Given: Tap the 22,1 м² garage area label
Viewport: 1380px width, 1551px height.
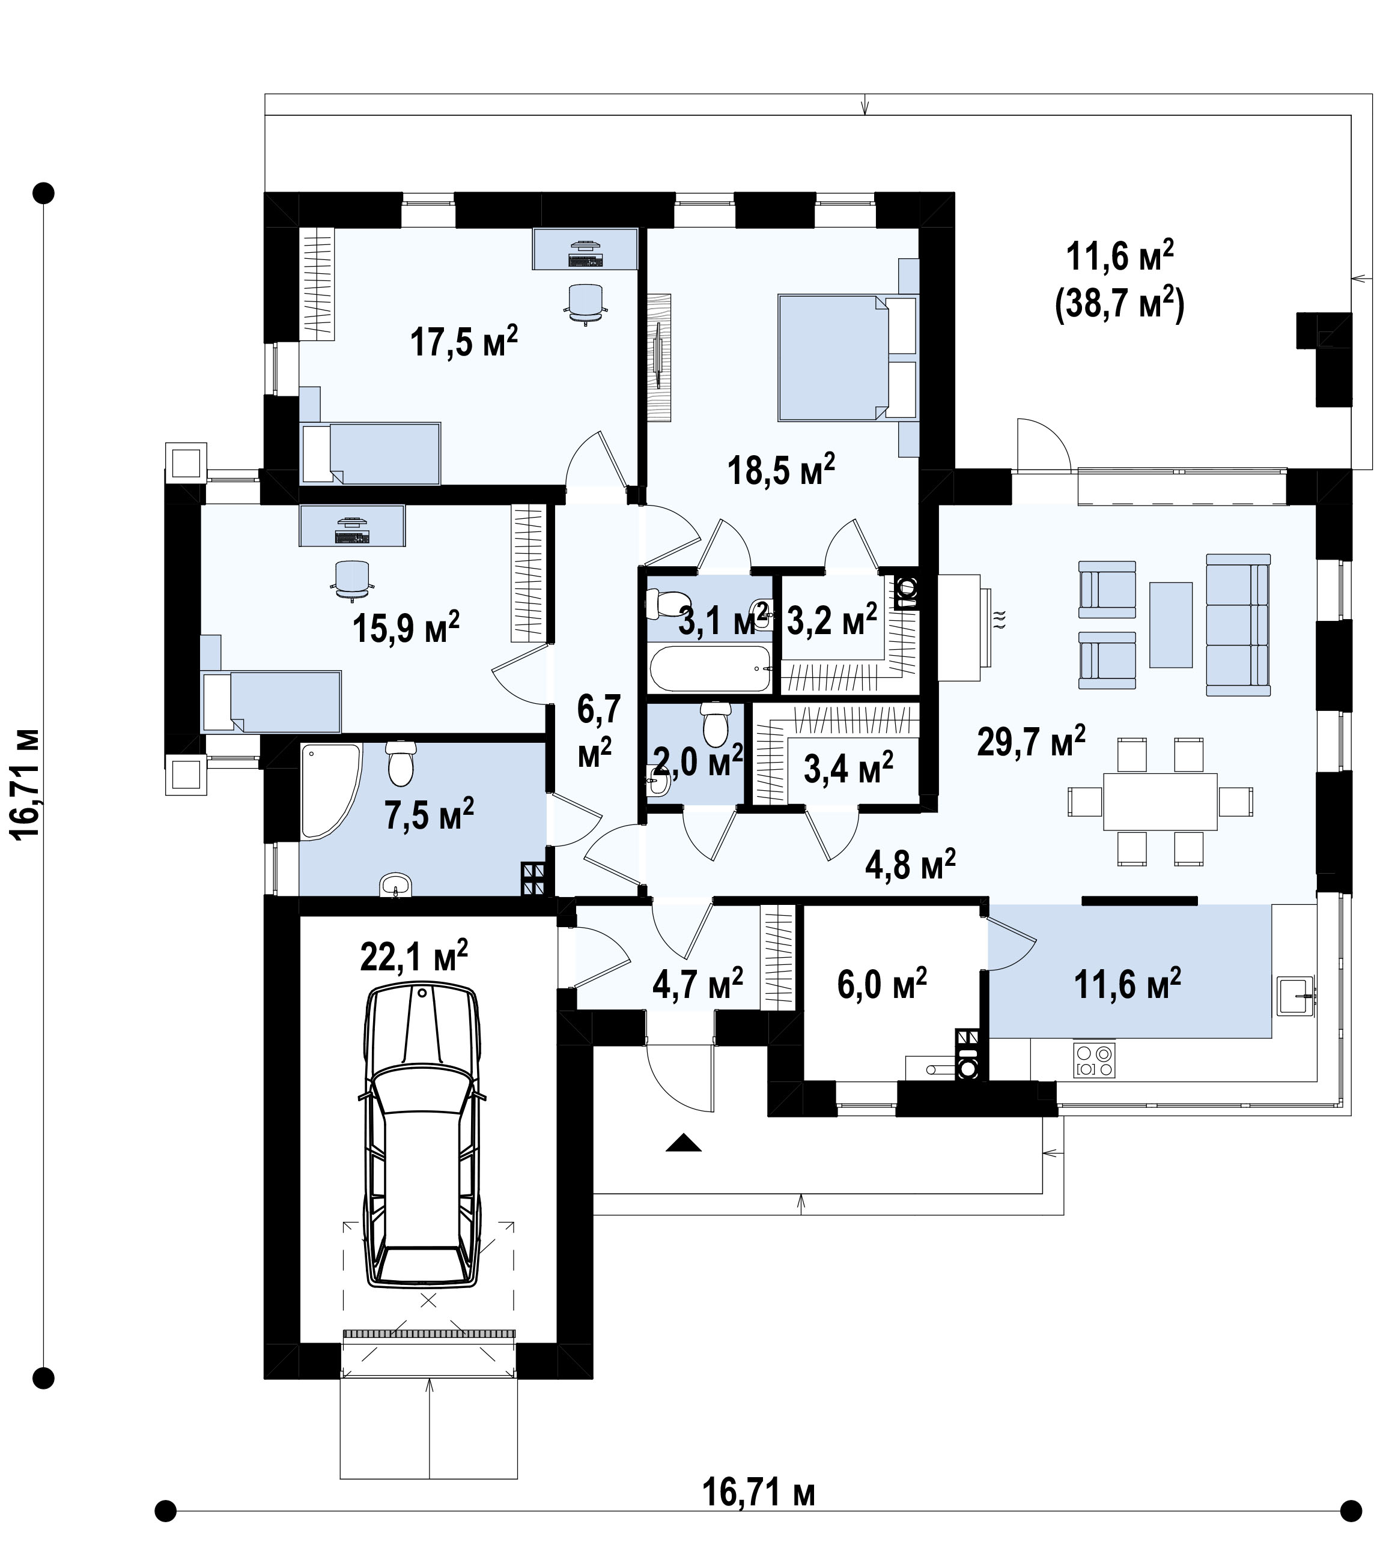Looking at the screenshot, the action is point(414,957).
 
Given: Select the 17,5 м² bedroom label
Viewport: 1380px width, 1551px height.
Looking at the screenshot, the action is point(464,342).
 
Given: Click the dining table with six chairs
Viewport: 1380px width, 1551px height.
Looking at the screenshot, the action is point(1160,801).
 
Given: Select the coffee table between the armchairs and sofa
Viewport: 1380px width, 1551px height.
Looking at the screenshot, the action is point(1170,624).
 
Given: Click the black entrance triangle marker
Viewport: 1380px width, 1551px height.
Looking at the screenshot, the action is point(683,1142).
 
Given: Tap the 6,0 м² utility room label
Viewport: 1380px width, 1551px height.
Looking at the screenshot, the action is point(882,984).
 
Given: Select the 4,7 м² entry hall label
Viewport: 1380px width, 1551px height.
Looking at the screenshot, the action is point(698,984).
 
